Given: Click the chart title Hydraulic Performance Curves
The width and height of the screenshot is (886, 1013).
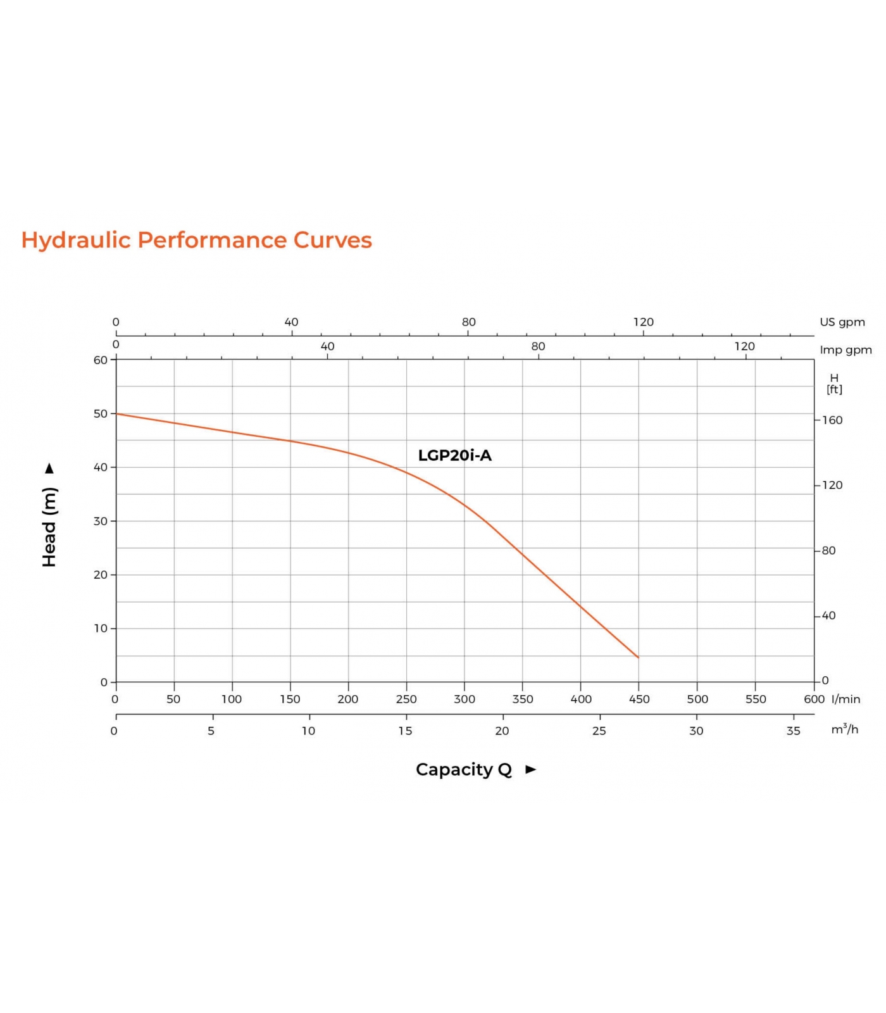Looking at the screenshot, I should pos(196,241).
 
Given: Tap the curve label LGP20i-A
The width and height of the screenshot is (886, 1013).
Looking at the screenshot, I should pos(454,455).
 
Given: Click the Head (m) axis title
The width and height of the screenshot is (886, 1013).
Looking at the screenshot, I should pos(49,527).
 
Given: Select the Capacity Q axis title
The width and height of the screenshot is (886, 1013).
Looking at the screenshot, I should pos(463,769).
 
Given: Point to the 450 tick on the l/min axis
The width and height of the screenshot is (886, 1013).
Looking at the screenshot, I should pos(639,699).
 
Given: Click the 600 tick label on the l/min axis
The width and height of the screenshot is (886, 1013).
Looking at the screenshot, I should pos(814,699).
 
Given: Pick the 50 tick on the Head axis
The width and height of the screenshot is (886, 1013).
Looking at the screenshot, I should pos(101,413).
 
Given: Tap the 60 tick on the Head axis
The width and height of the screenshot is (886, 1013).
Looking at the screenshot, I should pos(101,360).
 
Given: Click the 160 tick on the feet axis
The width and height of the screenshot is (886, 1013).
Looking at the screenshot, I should pos(832,420).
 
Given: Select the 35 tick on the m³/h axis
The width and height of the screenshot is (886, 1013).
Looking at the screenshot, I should pos(793,731).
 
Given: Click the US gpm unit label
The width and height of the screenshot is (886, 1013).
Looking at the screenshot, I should pos(842,322).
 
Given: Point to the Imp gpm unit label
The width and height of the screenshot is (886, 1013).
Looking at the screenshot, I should pos(845,350).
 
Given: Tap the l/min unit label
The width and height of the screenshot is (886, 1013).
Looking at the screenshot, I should pos(846,699).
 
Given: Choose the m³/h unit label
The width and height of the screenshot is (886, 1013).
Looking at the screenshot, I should pos(845,729).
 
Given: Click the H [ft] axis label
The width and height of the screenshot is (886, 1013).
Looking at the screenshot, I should pos(834,384).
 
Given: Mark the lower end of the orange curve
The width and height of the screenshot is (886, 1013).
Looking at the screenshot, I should pos(638,657).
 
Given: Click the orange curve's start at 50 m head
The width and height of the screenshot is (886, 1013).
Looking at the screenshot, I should pos(117,414).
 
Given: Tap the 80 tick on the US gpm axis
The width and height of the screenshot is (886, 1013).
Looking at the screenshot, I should pos(468,322).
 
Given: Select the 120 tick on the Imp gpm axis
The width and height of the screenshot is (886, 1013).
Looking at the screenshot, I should pos(744,346).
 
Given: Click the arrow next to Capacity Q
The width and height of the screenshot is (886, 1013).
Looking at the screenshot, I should pos(530,769).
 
